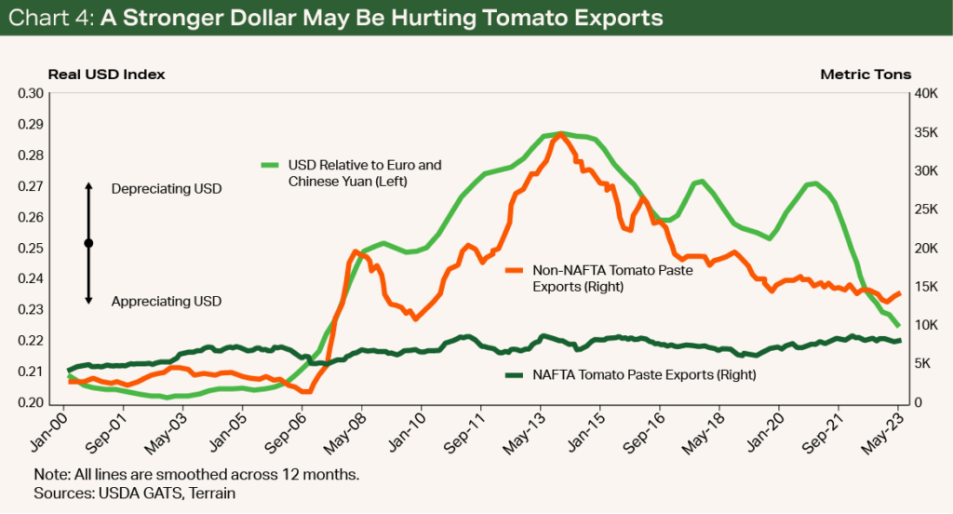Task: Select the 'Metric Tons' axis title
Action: click(x=866, y=74)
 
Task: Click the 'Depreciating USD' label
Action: click(x=167, y=189)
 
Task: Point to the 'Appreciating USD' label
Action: click(x=167, y=301)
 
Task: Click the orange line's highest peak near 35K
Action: click(x=559, y=134)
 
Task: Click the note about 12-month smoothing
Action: click(x=196, y=474)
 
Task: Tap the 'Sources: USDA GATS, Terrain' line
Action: click(x=134, y=493)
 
